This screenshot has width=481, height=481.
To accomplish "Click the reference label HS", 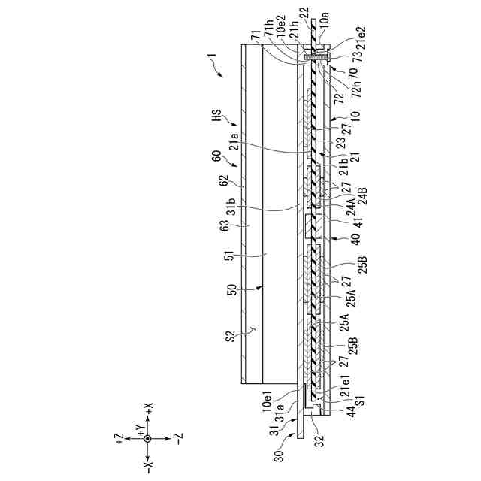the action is pyautogui.click(x=217, y=116).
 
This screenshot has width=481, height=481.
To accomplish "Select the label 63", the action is pyautogui.click(x=225, y=226).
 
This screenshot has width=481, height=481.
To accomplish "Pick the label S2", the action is pyautogui.click(x=232, y=336).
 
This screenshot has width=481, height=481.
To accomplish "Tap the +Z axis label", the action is pyautogui.click(x=119, y=438).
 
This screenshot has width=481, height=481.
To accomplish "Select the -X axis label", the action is pyautogui.click(x=148, y=467).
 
